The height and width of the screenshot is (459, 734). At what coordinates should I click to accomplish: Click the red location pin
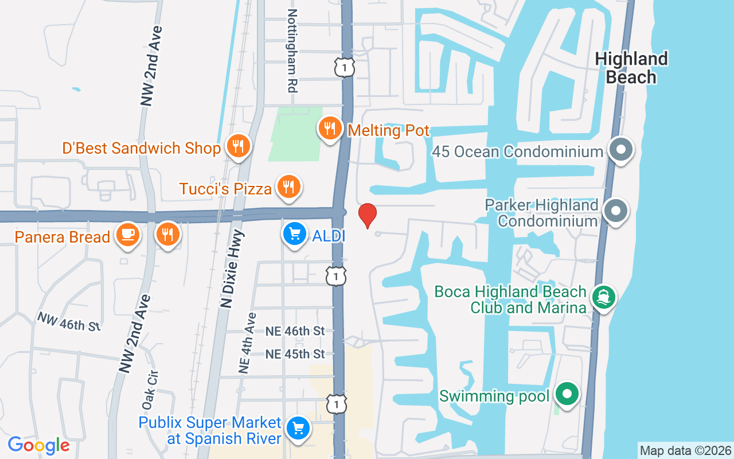[367, 215]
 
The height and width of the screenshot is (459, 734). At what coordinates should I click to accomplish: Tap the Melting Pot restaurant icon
[329, 128]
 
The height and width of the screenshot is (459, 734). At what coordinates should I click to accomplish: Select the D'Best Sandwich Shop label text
[141, 149]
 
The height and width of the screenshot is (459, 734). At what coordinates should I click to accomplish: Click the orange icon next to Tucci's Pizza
[289, 187]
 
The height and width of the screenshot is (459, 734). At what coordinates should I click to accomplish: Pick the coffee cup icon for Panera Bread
[127, 235]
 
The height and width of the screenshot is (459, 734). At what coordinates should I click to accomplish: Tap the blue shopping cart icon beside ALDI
[295, 235]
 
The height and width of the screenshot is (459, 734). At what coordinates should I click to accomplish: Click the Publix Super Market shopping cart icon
[298, 428]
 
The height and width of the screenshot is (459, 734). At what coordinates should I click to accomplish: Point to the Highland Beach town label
[631, 68]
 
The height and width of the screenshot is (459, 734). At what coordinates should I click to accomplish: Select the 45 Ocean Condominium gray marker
[620, 150]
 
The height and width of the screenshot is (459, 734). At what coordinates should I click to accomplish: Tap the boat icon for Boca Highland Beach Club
[603, 297]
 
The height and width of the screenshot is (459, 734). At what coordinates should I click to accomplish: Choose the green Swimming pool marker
[567, 395]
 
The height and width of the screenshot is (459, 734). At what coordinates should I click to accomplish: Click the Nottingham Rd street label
[292, 50]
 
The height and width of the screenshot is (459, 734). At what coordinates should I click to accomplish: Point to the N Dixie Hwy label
[232, 269]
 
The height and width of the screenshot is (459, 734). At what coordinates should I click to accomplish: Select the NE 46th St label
[295, 331]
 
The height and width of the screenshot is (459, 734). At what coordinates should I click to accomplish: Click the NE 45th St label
[295, 354]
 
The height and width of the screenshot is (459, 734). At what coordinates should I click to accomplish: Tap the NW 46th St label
[69, 321]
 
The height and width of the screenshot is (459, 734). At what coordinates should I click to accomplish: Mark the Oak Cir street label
[151, 390]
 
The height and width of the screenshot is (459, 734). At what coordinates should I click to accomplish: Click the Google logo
[38, 445]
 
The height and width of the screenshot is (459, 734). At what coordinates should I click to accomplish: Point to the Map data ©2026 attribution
[685, 450]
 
